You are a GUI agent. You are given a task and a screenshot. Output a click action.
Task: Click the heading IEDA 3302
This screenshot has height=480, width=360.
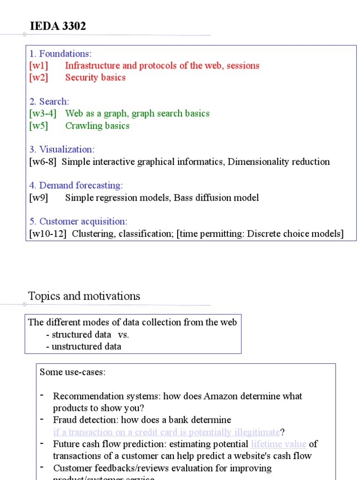58,27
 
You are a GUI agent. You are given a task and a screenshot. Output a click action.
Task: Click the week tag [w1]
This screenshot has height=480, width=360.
38,66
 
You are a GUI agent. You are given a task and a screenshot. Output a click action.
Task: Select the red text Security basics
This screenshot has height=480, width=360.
95,78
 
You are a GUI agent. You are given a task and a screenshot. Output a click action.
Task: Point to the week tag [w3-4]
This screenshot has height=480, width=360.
43,113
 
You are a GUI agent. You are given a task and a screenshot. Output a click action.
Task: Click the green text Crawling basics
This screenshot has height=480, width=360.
97,126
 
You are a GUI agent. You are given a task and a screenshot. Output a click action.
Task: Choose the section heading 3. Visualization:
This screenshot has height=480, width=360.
62,150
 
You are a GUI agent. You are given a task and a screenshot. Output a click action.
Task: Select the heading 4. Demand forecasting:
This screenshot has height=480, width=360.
76,186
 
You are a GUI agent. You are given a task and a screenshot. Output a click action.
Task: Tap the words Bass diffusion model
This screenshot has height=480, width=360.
216,198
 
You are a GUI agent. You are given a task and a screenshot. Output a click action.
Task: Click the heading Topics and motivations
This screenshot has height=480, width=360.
84,296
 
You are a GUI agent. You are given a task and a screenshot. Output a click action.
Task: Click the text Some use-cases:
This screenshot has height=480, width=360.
73,372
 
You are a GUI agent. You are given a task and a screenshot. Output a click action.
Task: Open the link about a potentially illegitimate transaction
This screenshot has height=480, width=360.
166,432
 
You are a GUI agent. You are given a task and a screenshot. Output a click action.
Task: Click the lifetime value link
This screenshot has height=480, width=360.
278,444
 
